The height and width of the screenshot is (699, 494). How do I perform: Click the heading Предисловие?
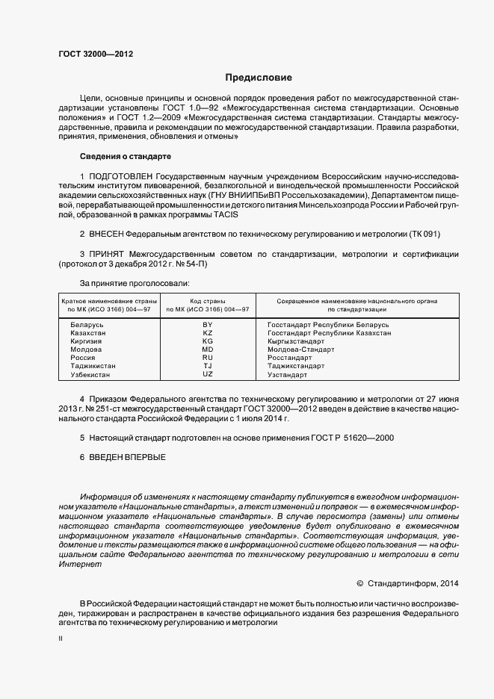coord(259,78)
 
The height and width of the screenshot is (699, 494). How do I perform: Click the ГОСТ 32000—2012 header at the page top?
coord(96,54)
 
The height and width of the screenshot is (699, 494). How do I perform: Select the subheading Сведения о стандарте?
coord(125,157)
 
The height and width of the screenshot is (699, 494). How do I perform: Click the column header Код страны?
coord(208,300)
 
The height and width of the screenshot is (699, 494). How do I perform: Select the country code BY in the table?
coord(208,325)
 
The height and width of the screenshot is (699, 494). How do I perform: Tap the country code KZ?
coord(208,333)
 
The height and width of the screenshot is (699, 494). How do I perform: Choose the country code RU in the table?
coord(208,358)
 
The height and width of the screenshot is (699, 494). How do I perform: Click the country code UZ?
coord(208,375)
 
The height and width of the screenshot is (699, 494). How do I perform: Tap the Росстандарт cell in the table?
coord(292,358)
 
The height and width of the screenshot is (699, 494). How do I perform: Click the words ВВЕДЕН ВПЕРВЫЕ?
coord(127,456)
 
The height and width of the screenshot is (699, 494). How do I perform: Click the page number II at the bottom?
coord(60,639)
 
